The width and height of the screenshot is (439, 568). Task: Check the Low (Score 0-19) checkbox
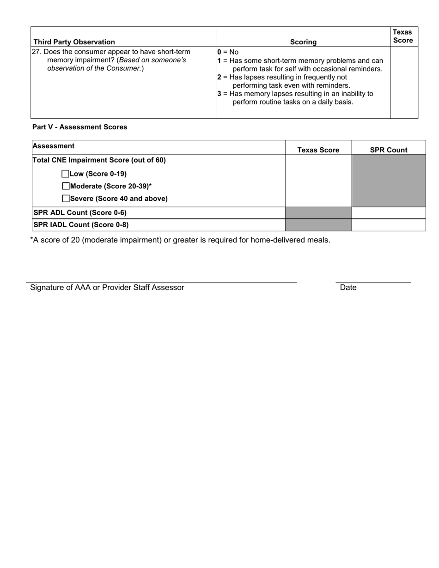click(65, 174)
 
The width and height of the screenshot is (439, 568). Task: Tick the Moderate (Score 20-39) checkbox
click(66, 186)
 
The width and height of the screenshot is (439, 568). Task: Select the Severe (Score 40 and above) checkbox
click(66, 199)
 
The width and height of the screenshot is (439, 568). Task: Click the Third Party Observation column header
click(74, 42)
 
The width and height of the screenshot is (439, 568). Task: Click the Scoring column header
click(303, 42)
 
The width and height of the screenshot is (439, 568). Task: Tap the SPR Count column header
click(389, 150)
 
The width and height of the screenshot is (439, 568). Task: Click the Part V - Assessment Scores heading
click(79, 127)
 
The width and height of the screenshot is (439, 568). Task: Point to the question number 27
click(36, 52)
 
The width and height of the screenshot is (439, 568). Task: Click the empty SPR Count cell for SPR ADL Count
click(389, 213)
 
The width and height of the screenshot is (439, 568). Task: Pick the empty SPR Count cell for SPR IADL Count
click(389, 225)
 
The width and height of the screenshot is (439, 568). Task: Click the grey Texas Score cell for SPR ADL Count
click(318, 213)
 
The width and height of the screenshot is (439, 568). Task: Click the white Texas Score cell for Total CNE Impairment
click(318, 181)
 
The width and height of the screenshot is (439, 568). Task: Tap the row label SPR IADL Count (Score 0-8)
click(81, 225)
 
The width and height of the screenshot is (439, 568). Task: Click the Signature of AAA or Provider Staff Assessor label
click(107, 288)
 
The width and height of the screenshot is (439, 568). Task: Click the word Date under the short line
click(348, 288)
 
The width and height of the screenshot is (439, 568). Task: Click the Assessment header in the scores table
click(54, 146)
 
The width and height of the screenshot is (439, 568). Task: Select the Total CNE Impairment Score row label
click(99, 160)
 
